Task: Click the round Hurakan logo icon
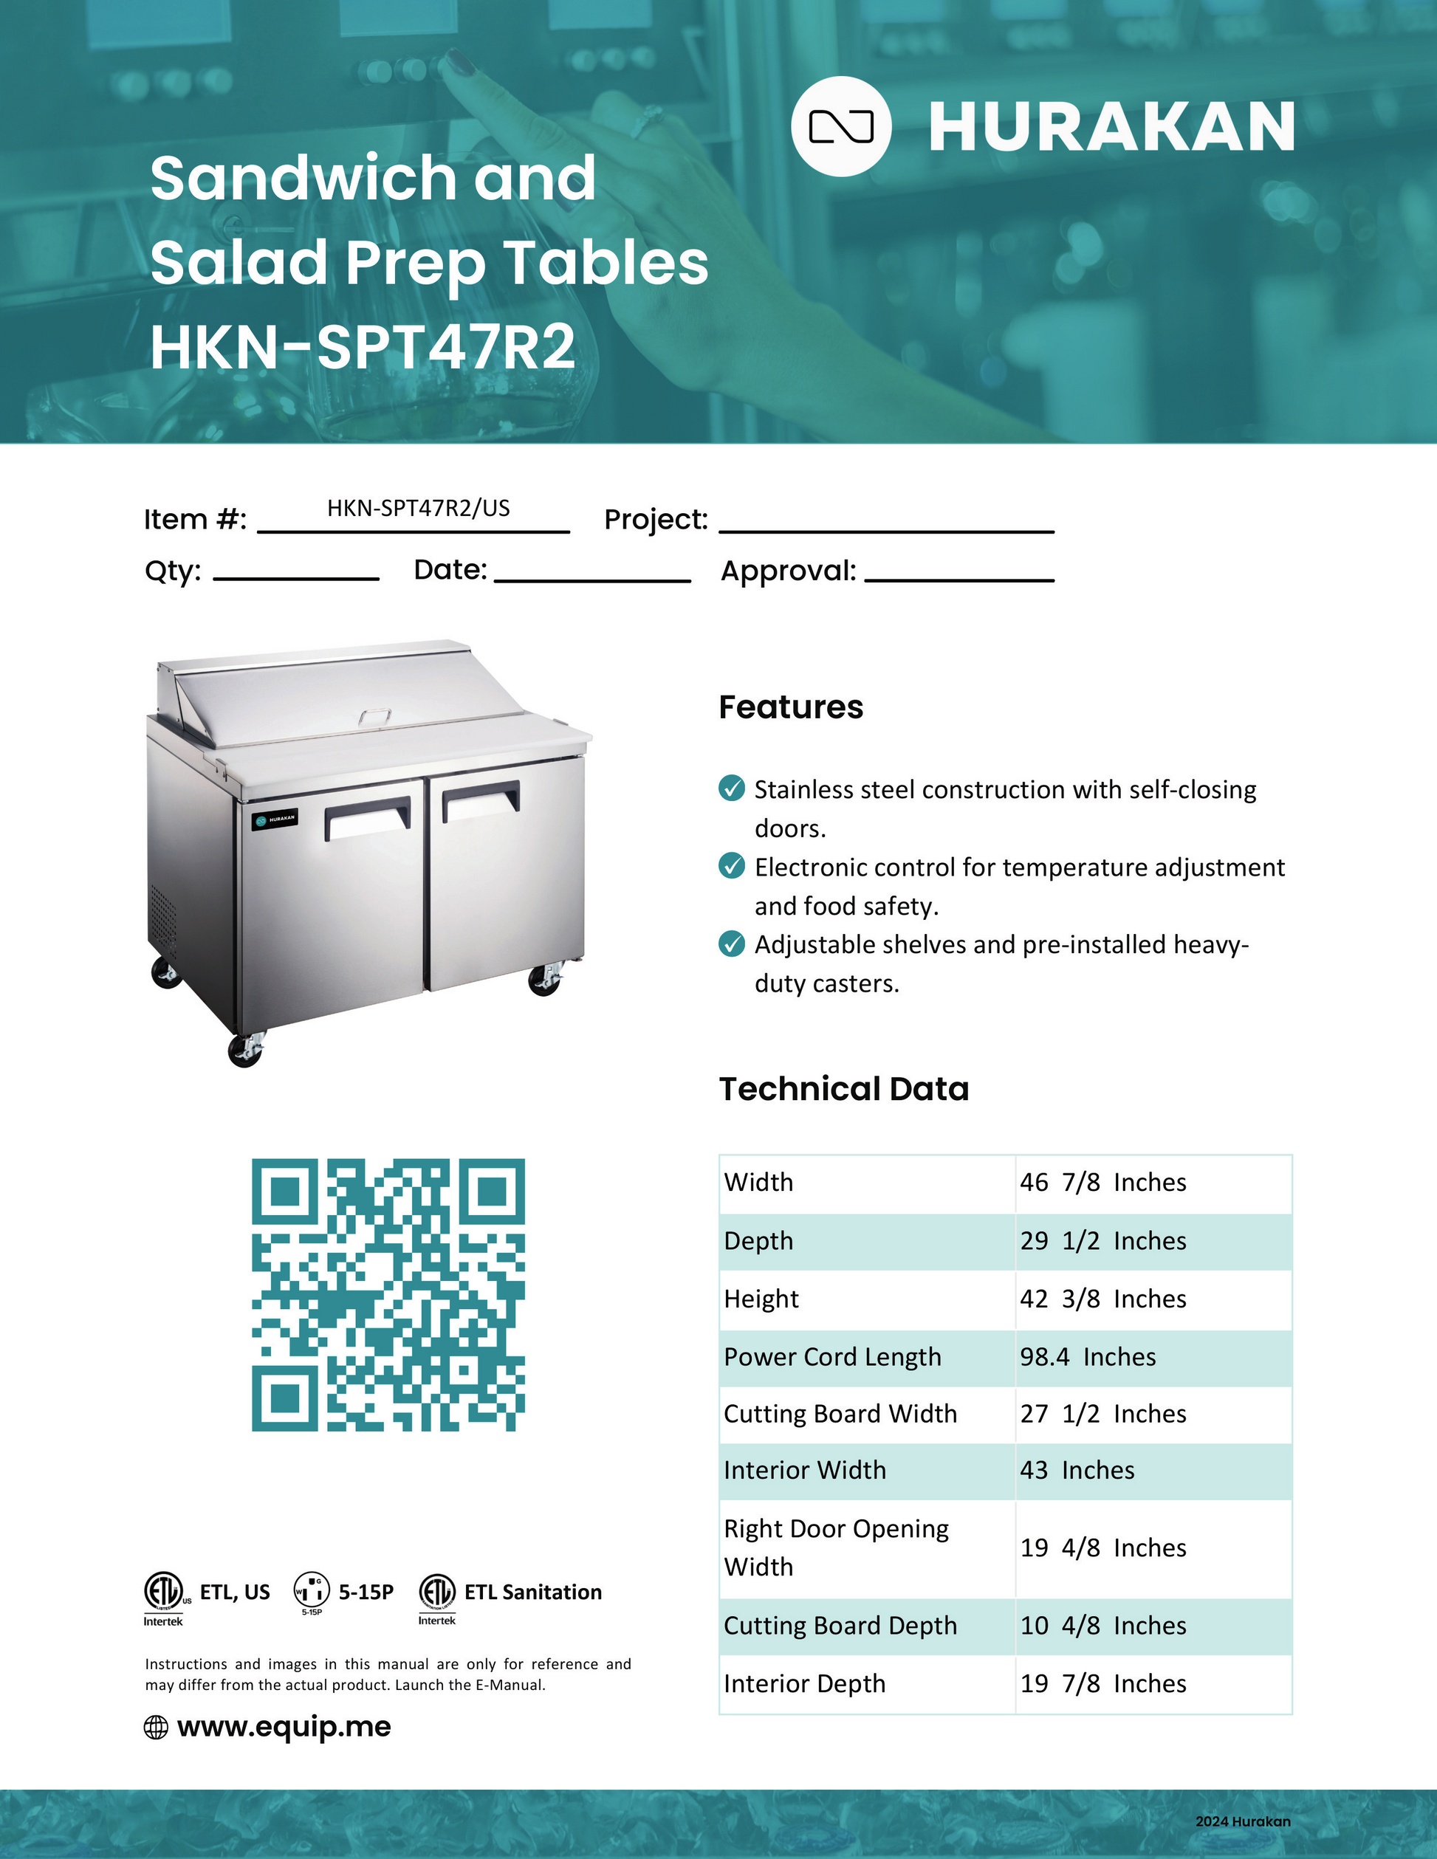tap(841, 127)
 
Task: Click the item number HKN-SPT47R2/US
tap(418, 508)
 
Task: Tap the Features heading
tap(791, 707)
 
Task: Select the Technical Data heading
tap(843, 1089)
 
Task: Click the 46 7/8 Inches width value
tap(1102, 1182)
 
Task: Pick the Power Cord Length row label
tap(831, 1357)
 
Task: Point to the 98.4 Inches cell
tap(1087, 1357)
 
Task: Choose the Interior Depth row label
tap(804, 1683)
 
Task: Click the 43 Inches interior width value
tap(1077, 1470)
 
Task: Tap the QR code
tap(388, 1295)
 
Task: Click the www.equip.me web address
tap(284, 1726)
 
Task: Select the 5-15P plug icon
tap(312, 1590)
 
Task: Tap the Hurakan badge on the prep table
tap(275, 819)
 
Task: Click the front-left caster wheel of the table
tap(245, 1051)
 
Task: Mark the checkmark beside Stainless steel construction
tap(731, 788)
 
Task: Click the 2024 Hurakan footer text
tap(1242, 1821)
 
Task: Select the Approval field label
tap(789, 570)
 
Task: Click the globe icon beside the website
tap(156, 1727)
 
